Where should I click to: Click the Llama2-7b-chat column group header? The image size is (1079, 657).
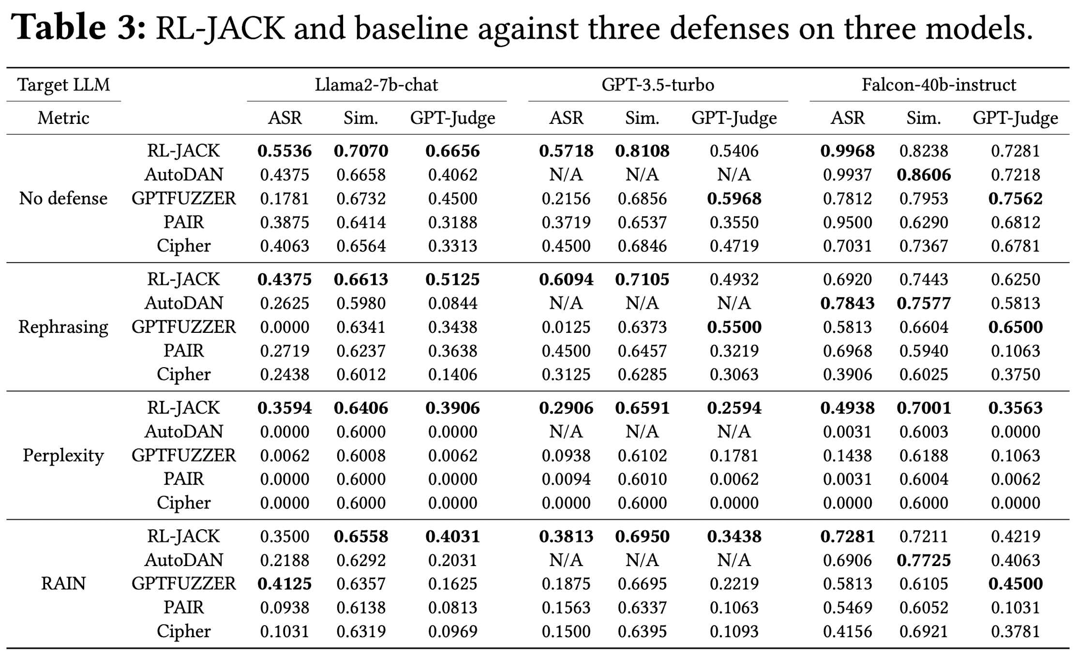pos(376,85)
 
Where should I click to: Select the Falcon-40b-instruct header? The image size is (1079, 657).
pos(939,85)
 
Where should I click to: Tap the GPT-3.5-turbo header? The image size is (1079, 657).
pos(658,85)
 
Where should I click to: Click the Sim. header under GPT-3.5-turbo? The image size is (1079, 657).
pos(642,118)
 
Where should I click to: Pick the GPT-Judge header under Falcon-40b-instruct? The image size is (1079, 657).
pos(1015,118)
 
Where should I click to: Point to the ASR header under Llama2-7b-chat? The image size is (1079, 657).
pos(285,118)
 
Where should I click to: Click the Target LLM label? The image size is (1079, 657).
pos(63,85)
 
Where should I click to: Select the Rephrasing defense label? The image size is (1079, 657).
pos(63,328)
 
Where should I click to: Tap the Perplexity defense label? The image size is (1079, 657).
pos(63,456)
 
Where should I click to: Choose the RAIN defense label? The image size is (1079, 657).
pos(63,583)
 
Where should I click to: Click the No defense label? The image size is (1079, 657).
pos(63,198)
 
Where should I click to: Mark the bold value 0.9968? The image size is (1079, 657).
pos(847,151)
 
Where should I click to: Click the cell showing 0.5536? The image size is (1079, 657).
pos(285,151)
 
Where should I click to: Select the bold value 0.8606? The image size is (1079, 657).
pos(924,175)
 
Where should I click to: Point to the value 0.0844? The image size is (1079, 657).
pos(452,303)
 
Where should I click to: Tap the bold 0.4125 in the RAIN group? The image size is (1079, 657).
pos(285,583)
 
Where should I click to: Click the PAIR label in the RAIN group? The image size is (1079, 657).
pos(183,607)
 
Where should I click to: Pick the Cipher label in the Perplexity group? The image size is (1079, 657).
pos(183,503)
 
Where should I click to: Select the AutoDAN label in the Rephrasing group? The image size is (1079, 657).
pos(183,303)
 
